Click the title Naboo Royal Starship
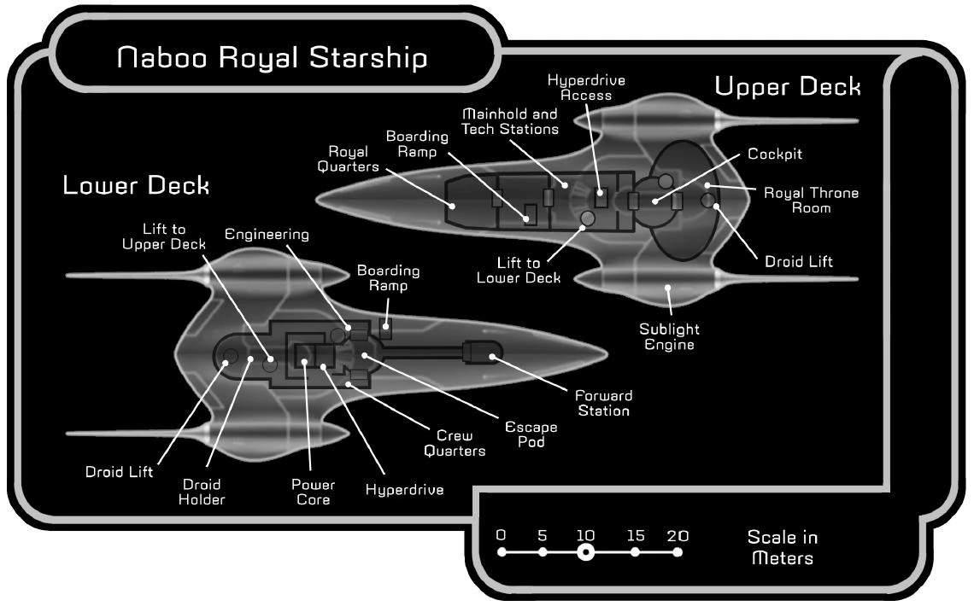272,58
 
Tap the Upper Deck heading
788,87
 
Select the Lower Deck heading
136,185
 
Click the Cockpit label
775,154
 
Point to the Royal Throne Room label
812,201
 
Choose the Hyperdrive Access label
586,87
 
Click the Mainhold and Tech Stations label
510,121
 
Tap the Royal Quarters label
348,159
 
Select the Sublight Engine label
670,337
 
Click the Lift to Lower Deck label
519,271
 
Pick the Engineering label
267,235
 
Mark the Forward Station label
604,403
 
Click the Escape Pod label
531,434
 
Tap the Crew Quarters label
455,444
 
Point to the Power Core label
313,492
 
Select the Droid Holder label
202,492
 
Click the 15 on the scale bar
636,535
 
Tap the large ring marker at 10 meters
585,552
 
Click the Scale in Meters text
783,547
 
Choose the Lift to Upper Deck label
164,236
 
